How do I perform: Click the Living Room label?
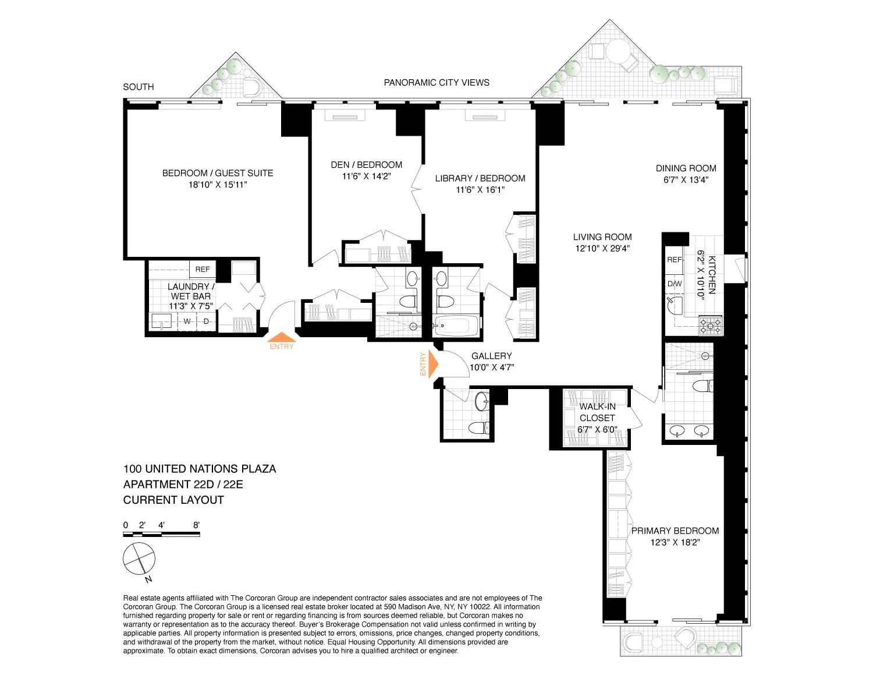click(602, 237)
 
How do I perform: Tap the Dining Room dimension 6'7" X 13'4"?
click(686, 180)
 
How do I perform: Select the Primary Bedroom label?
click(675, 531)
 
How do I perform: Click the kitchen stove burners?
click(710, 326)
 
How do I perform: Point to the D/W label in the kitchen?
click(675, 284)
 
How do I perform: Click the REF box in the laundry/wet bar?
click(203, 269)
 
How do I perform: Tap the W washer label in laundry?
click(187, 321)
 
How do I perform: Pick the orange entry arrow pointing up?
click(282, 337)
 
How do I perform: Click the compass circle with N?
click(139, 559)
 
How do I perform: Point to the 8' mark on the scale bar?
click(196, 525)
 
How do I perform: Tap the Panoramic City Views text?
click(436, 83)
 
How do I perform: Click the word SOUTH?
click(139, 87)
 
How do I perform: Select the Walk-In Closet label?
click(597, 412)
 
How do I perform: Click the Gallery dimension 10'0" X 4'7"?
click(492, 367)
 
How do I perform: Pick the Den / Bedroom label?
click(366, 165)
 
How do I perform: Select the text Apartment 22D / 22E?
click(183, 485)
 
